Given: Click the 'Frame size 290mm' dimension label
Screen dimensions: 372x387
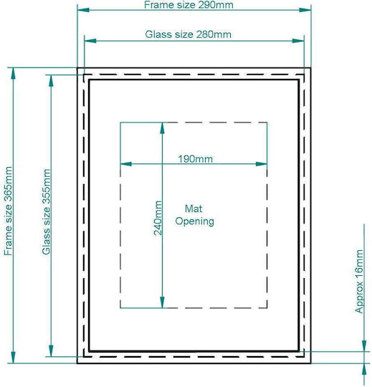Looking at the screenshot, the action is coord(189,5).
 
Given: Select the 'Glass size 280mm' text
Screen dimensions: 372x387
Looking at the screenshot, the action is coord(188,34).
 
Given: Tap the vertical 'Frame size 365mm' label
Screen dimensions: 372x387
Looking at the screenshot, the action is coord(8,211).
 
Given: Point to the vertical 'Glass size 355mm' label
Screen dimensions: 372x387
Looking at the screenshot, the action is coord(46,211).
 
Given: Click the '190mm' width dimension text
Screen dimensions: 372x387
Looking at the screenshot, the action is coord(195,158).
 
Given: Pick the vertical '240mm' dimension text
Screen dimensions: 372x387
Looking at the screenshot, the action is coord(158,218).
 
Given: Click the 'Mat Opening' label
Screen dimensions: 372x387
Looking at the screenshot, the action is coord(194,215).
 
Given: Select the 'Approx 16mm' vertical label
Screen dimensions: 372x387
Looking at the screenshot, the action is coord(359,282).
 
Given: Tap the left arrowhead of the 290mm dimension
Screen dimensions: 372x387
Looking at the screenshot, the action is coord(83,10).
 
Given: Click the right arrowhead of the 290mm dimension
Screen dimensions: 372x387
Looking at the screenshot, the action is coord(305,10).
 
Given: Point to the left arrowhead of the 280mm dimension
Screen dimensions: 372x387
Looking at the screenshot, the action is coord(90,41).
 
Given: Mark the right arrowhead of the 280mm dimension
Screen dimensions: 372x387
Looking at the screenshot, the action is coord(298,41).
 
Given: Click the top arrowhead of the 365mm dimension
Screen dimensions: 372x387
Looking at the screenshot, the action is coord(14,74).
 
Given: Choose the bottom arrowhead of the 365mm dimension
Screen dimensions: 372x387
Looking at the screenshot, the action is coord(14,358).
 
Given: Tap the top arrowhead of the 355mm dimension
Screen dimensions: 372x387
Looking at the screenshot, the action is coord(51,81).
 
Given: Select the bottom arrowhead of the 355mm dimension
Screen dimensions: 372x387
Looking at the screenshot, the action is coord(51,350).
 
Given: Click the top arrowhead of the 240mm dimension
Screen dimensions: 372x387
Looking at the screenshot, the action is coord(162,128).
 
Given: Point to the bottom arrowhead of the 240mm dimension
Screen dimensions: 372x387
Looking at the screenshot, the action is coord(162,302).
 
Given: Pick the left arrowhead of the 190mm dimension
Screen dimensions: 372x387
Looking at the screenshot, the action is coord(126,164).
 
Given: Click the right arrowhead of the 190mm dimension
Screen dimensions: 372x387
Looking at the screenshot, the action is coord(261,164).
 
